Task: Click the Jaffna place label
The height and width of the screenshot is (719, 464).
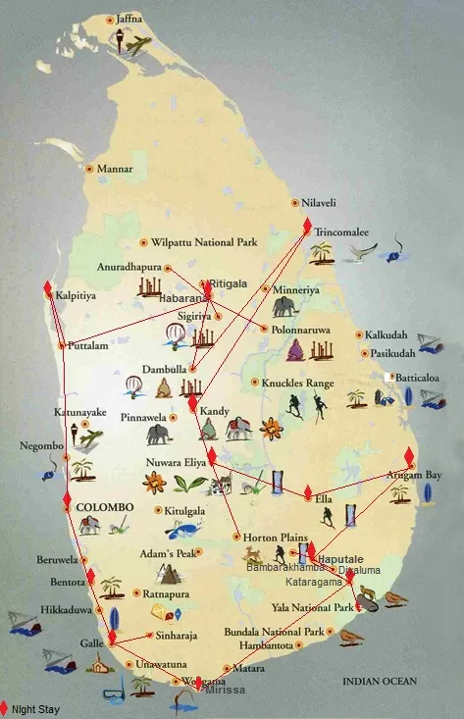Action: click(129, 19)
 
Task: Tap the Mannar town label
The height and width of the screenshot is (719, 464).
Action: click(115, 169)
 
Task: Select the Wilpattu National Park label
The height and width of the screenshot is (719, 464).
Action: click(203, 241)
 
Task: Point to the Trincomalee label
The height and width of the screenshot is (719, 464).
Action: click(341, 232)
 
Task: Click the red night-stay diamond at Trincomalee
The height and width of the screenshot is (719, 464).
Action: click(307, 227)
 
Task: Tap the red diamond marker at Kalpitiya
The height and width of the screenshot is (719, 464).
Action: click(48, 288)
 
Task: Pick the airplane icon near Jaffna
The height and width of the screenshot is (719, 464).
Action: click(138, 45)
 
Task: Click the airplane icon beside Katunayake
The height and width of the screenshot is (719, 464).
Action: click(90, 437)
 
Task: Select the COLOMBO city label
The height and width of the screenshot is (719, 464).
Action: click(104, 507)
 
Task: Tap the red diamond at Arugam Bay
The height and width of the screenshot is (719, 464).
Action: click(409, 457)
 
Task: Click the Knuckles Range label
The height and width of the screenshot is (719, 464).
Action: click(298, 383)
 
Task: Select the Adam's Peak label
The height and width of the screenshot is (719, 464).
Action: click(166, 553)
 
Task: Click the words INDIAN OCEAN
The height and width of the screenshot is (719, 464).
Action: click(379, 681)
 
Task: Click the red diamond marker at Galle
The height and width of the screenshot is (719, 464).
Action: click(112, 637)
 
